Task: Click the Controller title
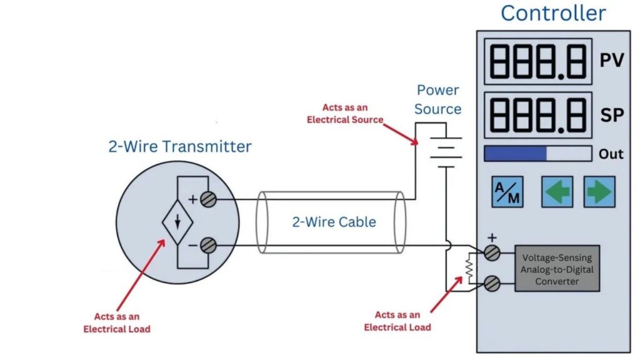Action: click(553, 13)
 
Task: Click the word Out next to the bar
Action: click(611, 154)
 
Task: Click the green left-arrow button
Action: click(557, 191)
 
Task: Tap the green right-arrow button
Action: click(599, 191)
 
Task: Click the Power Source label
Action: click(438, 99)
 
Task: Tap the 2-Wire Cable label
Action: click(334, 222)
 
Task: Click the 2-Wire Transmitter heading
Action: click(180, 147)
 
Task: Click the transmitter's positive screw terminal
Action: click(209, 199)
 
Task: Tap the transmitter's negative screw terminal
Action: click(209, 246)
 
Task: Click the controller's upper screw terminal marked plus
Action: click(492, 252)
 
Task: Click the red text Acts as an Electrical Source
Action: click(345, 114)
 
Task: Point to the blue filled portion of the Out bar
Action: click(515, 154)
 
